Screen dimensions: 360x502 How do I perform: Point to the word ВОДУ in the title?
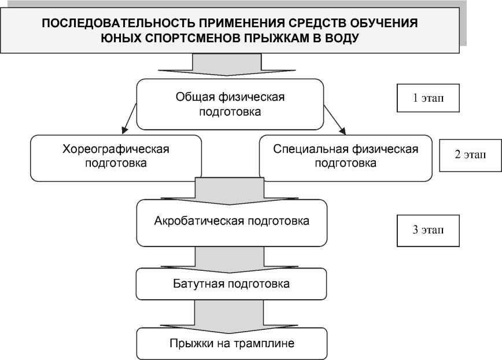click(345, 38)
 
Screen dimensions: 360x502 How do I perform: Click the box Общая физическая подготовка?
click(230, 104)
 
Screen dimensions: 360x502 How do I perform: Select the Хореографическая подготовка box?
click(116, 156)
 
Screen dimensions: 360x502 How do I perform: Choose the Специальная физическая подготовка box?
click(345, 156)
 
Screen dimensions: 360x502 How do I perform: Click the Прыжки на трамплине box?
click(231, 344)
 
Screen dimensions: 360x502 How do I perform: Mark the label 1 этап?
click(429, 98)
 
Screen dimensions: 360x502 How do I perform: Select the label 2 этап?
click(470, 156)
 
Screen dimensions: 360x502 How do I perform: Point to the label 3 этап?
click(429, 230)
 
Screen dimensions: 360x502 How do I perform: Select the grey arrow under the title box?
click(230, 65)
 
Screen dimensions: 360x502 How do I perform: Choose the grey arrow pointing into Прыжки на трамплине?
click(230, 316)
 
